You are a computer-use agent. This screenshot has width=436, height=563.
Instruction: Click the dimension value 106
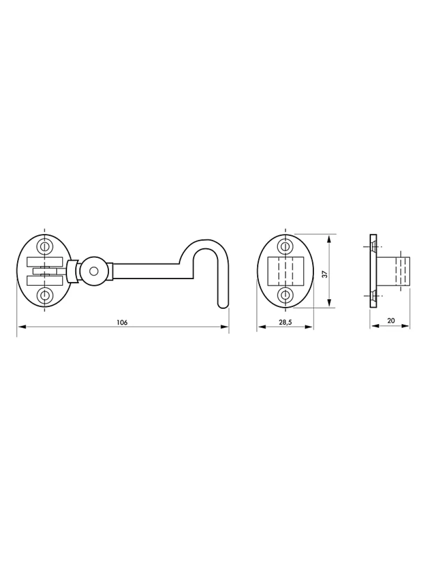122,323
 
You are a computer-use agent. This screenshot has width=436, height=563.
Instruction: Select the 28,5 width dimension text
285,322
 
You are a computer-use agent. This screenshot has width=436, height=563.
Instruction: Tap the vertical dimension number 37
326,274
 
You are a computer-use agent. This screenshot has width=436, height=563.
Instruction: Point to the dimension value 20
391,320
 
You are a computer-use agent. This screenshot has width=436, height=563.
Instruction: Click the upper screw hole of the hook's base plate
45,246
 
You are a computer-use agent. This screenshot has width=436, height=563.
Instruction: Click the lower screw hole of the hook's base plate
45,295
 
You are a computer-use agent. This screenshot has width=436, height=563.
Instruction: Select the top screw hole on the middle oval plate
285,246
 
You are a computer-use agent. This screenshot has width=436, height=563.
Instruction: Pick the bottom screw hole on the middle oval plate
285,295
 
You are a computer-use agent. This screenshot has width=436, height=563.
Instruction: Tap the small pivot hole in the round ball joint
94,271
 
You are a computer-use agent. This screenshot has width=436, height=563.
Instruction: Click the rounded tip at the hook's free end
223,306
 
